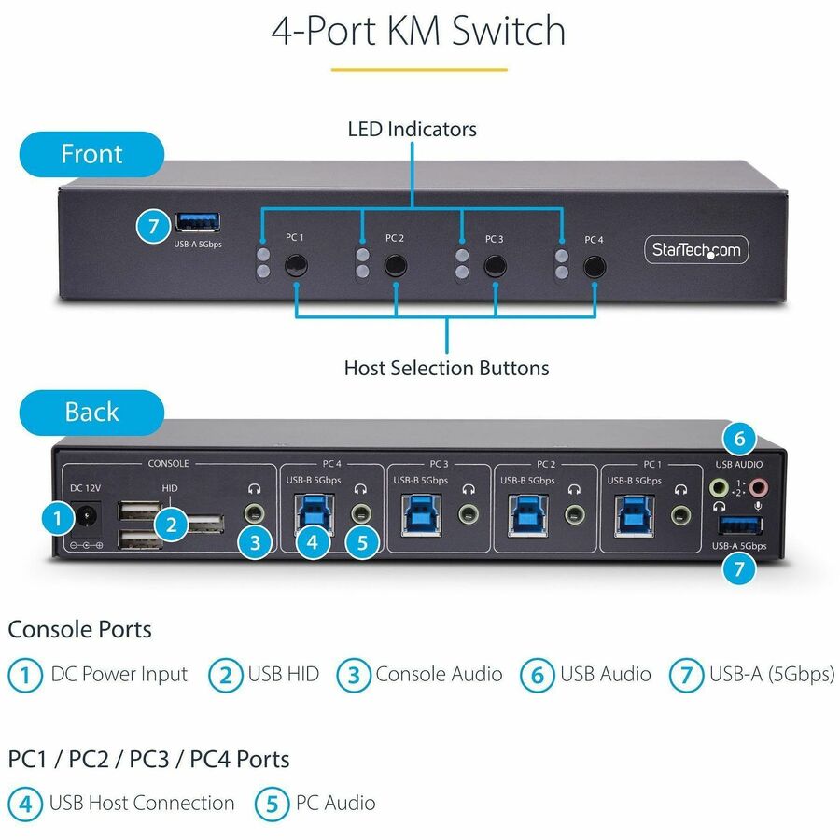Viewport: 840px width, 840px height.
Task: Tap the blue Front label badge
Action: click(x=91, y=154)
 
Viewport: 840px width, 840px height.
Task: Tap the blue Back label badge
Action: click(x=91, y=412)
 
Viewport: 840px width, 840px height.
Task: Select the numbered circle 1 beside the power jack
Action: click(x=58, y=520)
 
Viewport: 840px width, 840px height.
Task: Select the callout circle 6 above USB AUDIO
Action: click(x=738, y=439)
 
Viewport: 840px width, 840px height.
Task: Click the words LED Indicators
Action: click(x=412, y=129)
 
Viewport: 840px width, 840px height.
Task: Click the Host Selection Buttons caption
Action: click(x=446, y=368)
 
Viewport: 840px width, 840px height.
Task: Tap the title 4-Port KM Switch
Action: click(x=418, y=31)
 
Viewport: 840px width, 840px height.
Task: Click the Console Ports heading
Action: click(x=79, y=629)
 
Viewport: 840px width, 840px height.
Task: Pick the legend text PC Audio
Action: click(x=335, y=803)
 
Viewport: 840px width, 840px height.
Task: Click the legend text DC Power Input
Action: click(x=119, y=674)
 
